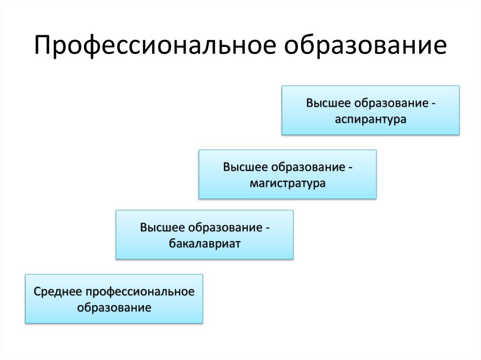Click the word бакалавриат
coord(204,244)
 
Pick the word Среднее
coord(57,291)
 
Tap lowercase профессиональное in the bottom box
coord(140,291)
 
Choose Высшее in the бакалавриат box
coord(162,228)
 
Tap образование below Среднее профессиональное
coord(114,308)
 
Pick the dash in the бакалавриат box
coord(266,228)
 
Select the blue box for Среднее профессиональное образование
coord(114,299)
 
